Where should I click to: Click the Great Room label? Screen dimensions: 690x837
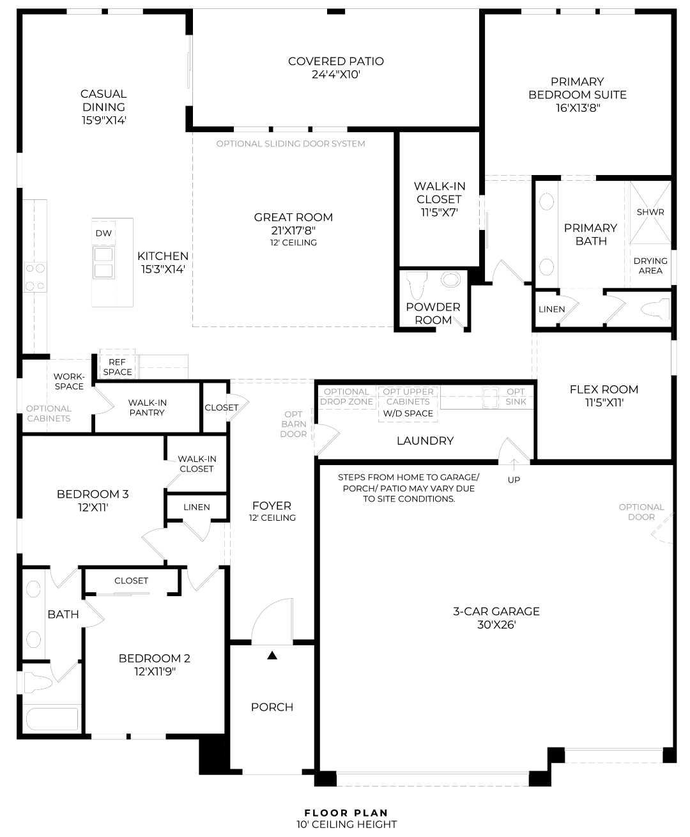293,217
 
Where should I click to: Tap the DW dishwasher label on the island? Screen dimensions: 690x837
103,233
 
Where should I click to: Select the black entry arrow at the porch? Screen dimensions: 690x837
272,655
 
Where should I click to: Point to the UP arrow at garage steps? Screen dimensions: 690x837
514,465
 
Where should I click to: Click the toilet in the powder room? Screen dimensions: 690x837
417,285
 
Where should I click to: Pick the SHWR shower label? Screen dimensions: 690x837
650,212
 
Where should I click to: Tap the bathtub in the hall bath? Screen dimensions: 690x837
52,719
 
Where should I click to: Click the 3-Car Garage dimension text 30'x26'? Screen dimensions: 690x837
496,625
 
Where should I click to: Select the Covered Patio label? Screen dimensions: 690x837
336,61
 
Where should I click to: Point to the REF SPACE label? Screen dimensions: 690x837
117,367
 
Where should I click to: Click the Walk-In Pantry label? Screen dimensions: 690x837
147,407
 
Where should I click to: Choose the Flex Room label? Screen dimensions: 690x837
604,389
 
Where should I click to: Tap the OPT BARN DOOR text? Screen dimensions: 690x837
293,424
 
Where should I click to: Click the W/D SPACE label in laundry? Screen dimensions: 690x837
408,413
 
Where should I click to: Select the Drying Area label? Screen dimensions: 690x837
650,266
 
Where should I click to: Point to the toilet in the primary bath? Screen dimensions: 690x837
655,309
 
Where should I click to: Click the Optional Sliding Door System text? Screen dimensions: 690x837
291,144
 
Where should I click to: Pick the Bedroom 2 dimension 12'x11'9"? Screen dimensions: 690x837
155,672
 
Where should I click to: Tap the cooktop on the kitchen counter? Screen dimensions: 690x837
35,277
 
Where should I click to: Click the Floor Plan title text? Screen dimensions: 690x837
346,813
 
